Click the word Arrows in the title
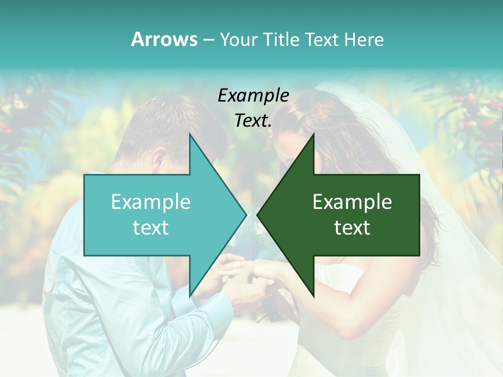tap(164, 39)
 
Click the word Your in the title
tap(237, 40)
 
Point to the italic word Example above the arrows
tap(253, 96)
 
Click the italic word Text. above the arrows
tap(253, 121)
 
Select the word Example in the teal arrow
tap(151, 202)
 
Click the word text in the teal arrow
tap(151, 228)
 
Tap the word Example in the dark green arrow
tap(352, 202)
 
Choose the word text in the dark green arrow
tap(352, 228)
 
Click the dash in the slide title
tap(208, 40)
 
